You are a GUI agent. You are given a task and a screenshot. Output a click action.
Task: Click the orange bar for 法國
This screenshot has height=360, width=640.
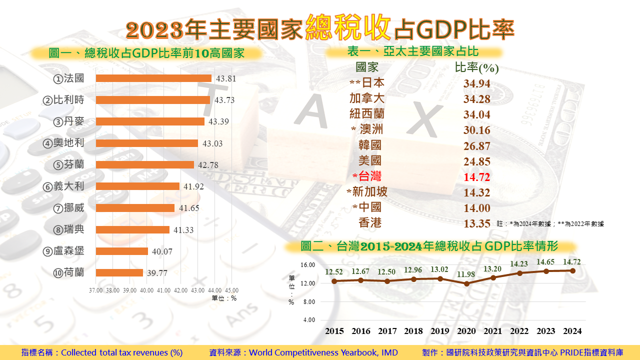[x=153, y=78]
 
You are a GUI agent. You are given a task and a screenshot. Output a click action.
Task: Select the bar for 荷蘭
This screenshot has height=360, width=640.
[x=119, y=272]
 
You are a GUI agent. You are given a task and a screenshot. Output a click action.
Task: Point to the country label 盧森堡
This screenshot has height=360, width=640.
[x=69, y=251]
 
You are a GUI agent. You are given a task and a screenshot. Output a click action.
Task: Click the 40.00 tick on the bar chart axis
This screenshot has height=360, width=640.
[x=146, y=290]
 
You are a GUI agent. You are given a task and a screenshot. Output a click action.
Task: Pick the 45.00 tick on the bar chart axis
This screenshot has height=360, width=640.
[x=231, y=290]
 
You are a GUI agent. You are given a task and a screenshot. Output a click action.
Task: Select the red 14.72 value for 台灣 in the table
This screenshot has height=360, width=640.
[x=476, y=177]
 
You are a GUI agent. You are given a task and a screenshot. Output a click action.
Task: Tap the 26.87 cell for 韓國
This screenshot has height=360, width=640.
[x=476, y=146]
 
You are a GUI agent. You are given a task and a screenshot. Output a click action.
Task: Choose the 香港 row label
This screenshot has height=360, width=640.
[x=370, y=223]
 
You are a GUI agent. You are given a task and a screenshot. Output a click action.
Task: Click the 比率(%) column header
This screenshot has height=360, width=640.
[x=476, y=68]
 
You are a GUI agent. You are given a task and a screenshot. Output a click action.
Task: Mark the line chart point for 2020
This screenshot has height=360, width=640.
[x=466, y=283]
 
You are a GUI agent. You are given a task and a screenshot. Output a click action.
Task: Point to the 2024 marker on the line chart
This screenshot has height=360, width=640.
[x=572, y=270]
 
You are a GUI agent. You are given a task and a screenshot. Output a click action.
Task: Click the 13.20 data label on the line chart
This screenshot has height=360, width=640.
[x=492, y=269]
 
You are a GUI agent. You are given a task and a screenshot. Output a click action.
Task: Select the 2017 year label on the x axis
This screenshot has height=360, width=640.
[x=387, y=331]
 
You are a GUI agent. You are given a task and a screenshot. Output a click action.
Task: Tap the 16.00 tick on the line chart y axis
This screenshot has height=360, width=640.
[x=308, y=265]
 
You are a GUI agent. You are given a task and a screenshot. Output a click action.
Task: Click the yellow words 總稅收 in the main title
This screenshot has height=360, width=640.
[x=348, y=28]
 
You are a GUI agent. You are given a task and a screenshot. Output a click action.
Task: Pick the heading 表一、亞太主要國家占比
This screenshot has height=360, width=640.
[x=412, y=51]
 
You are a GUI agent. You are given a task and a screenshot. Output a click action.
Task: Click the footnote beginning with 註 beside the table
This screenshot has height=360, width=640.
[x=550, y=224]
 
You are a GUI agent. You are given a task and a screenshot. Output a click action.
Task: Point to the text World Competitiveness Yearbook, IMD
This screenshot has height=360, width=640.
[x=323, y=352]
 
